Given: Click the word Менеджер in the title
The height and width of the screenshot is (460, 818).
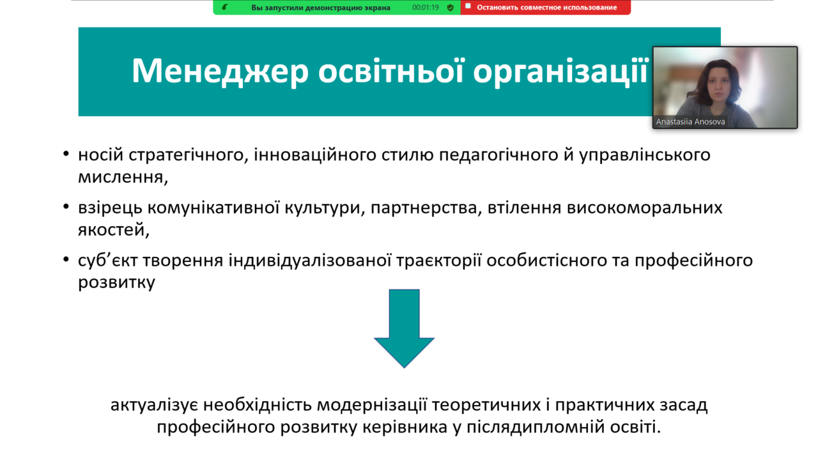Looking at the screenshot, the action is (220, 71).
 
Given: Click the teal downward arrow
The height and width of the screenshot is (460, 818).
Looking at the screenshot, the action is (405, 328).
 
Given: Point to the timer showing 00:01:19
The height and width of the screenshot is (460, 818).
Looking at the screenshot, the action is (426, 7).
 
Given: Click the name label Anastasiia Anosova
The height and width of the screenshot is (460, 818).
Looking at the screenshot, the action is (690, 121).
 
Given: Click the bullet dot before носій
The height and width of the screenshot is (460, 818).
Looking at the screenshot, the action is (66, 154).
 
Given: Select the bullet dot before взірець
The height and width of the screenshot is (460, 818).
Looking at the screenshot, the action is (66, 207).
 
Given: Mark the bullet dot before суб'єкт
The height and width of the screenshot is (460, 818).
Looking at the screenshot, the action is (66, 259).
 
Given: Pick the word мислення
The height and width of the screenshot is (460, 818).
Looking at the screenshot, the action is (123, 177).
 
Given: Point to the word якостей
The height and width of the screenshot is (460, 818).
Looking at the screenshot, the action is (114, 230).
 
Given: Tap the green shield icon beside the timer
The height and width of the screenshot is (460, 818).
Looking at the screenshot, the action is (451, 8).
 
